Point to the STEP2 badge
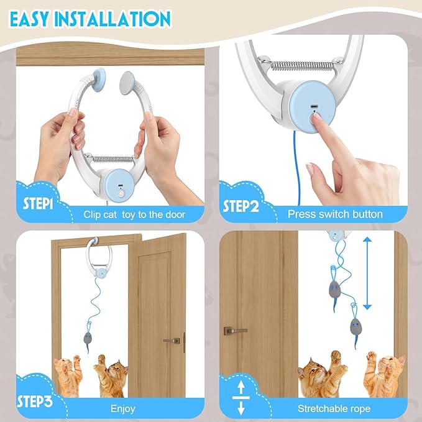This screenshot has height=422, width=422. [241, 206]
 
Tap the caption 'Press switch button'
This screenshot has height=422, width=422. [335, 214]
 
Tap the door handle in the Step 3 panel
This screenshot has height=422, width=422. [172, 341]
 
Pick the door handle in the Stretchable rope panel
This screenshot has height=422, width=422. [234, 331]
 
